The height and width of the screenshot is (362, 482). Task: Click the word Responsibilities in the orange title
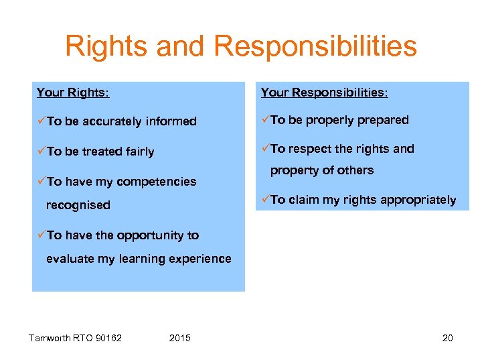[315, 47]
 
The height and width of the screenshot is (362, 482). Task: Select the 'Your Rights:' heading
[72, 93]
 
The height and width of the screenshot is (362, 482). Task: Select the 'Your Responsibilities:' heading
[324, 93]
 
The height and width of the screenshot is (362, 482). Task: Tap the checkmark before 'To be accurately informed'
[42, 121]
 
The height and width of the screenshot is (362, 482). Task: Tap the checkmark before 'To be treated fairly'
[42, 151]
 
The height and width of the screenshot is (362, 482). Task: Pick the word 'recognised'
[78, 205]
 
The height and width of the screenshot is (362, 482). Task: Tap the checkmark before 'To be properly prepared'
[265, 119]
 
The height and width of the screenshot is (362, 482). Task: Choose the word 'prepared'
[382, 120]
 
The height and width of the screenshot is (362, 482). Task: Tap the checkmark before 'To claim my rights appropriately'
[265, 199]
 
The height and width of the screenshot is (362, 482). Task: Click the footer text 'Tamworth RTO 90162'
[75, 338]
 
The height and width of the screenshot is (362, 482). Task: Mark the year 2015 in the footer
[180, 338]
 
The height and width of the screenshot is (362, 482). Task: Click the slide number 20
[447, 338]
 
